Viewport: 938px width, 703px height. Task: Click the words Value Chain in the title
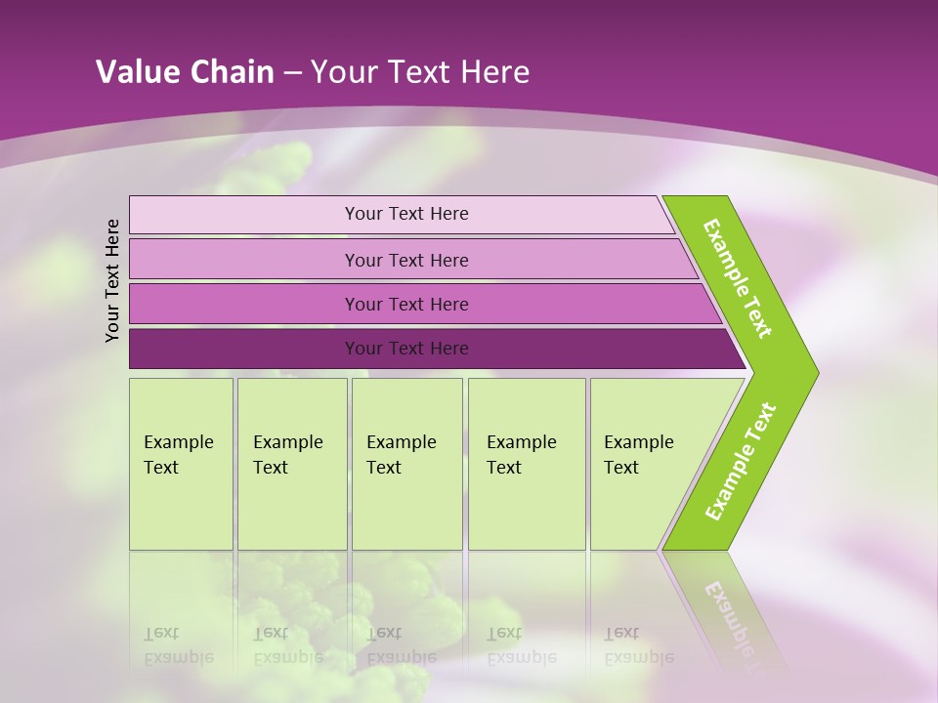point(185,72)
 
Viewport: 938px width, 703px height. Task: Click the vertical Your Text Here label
point(112,280)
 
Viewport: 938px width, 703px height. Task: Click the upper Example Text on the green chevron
point(738,278)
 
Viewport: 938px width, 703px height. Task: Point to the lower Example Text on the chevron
point(741,461)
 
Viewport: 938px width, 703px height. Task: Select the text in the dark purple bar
point(406,349)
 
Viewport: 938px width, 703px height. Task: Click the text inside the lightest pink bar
point(406,214)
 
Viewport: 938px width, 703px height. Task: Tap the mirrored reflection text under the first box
point(178,645)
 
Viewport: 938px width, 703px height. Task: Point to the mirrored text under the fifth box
point(638,645)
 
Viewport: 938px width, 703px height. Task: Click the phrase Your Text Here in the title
point(420,72)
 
